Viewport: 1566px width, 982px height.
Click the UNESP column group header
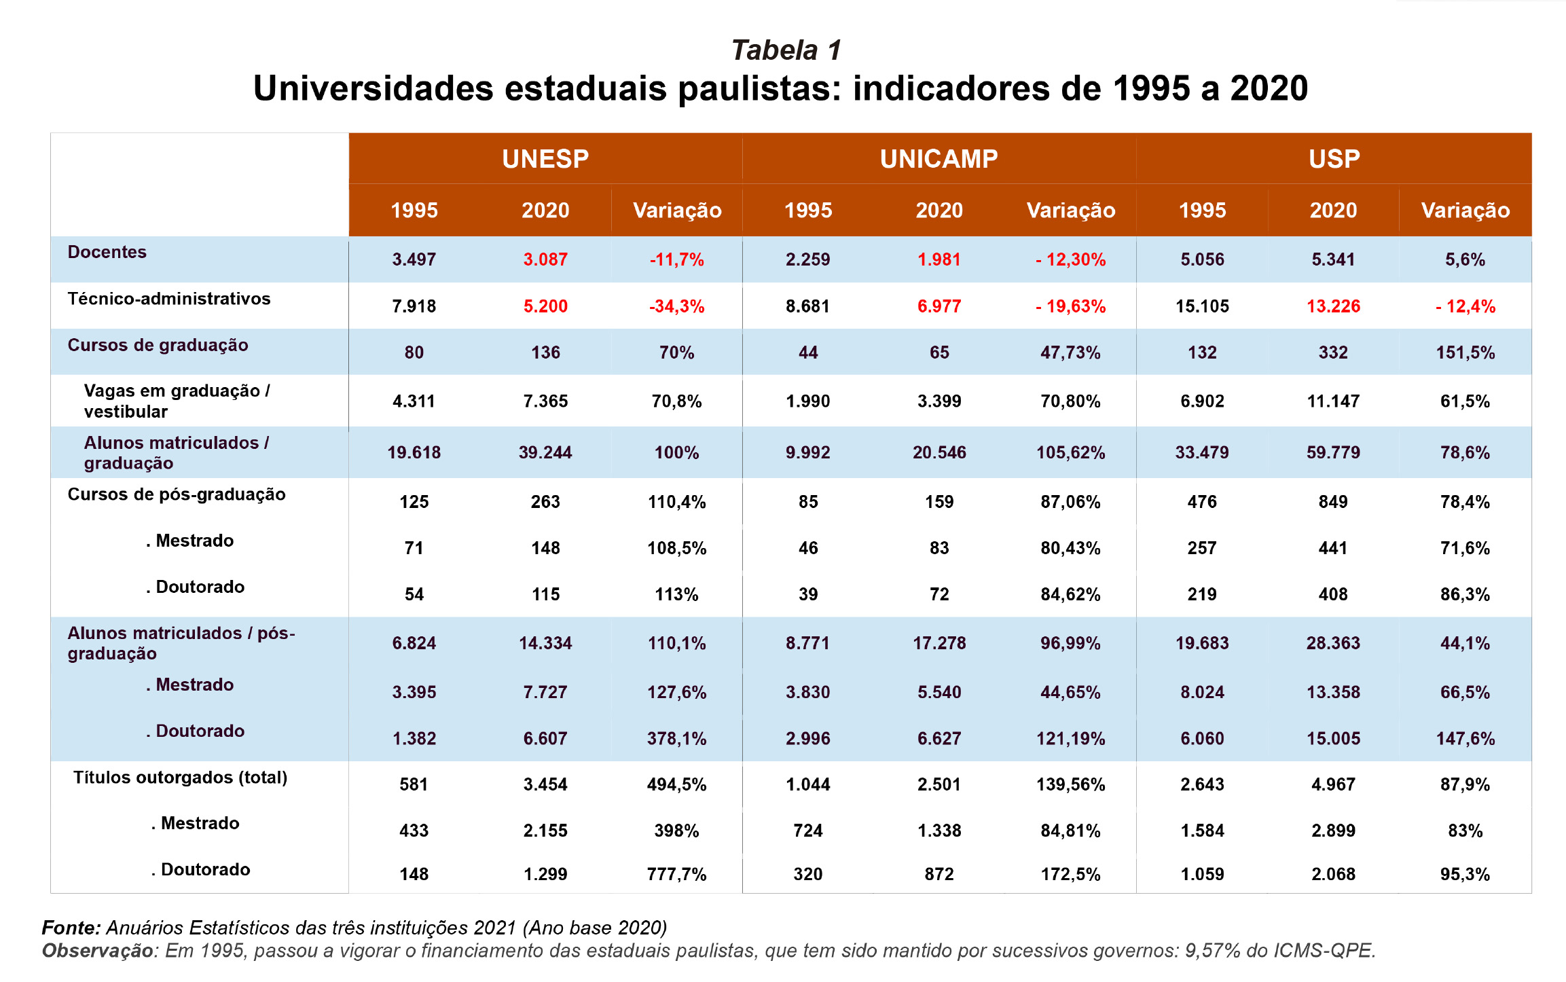coord(545,159)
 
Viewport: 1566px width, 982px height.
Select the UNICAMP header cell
coord(939,159)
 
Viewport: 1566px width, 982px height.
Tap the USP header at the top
coord(1334,159)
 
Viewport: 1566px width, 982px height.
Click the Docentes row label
coord(107,252)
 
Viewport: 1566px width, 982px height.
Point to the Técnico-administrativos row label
coord(169,299)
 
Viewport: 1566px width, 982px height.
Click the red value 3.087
coord(545,259)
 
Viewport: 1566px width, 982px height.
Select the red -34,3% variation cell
coord(676,306)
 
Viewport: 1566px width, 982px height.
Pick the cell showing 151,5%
coord(1465,352)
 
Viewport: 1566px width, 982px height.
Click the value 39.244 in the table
coord(545,452)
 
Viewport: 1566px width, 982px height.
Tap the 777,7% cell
coord(676,874)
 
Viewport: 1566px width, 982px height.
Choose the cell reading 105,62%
coord(1070,452)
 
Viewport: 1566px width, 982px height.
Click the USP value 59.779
coord(1333,452)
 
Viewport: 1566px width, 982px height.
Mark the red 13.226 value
coord(1333,306)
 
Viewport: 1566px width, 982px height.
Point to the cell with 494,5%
coord(676,784)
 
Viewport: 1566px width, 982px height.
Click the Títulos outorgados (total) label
coord(181,778)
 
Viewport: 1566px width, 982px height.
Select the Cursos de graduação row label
coord(158,345)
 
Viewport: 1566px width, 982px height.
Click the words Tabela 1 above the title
coord(786,50)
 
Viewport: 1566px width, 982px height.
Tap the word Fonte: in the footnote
coord(71,928)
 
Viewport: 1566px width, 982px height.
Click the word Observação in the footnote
coord(98,951)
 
